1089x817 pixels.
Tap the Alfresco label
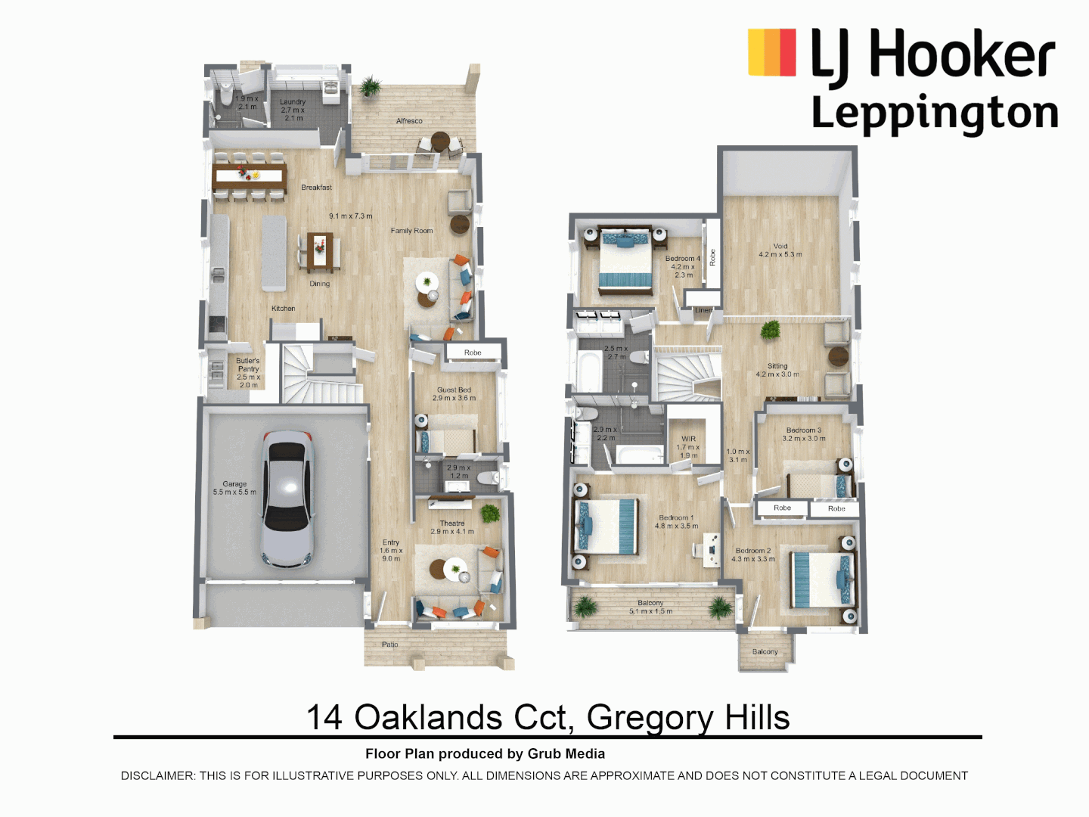[x=409, y=121]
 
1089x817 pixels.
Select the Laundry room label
[x=293, y=102]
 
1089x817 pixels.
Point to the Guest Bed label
[x=454, y=390]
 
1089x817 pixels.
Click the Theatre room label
[x=452, y=523]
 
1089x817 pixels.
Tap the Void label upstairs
[x=780, y=247]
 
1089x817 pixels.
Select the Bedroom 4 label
[x=682, y=259]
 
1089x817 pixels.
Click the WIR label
[x=688, y=439]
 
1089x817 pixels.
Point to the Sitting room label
[x=777, y=366]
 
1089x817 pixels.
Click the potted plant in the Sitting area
[x=771, y=330]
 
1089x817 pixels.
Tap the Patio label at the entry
[x=390, y=645]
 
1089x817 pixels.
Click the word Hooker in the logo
[x=962, y=54]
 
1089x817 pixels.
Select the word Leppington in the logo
[x=935, y=113]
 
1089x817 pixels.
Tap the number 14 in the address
[x=324, y=717]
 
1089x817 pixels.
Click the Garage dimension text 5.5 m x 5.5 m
[x=234, y=492]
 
